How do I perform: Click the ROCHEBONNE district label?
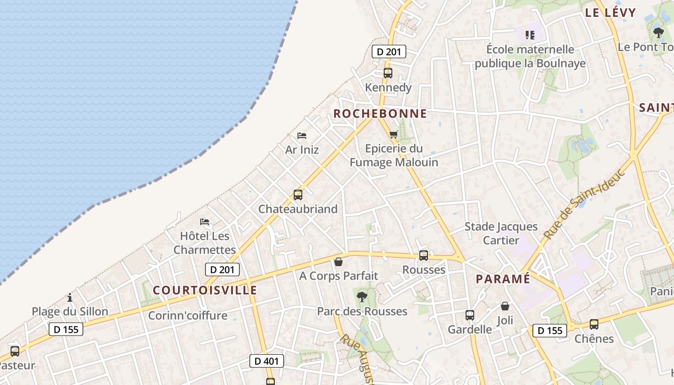(380, 114)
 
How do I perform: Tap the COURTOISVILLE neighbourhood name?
(205, 290)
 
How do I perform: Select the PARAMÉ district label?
(503, 279)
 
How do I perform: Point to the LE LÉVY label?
(610, 13)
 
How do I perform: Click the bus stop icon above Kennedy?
(388, 73)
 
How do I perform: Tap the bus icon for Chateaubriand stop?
(298, 195)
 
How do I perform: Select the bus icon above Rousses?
(424, 256)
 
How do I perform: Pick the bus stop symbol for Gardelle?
(470, 315)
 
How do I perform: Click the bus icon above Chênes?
(594, 324)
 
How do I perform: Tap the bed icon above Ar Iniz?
(302, 136)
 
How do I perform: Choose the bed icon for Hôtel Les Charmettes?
(205, 222)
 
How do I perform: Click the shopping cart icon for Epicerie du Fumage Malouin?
(394, 134)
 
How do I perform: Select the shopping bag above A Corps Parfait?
(338, 262)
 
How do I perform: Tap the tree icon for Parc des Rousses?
(362, 297)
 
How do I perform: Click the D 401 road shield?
(267, 360)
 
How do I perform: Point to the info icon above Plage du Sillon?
(70, 297)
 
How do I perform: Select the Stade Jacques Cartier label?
(501, 233)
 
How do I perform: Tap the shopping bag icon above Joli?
(505, 306)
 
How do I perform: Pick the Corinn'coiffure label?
(188, 316)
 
